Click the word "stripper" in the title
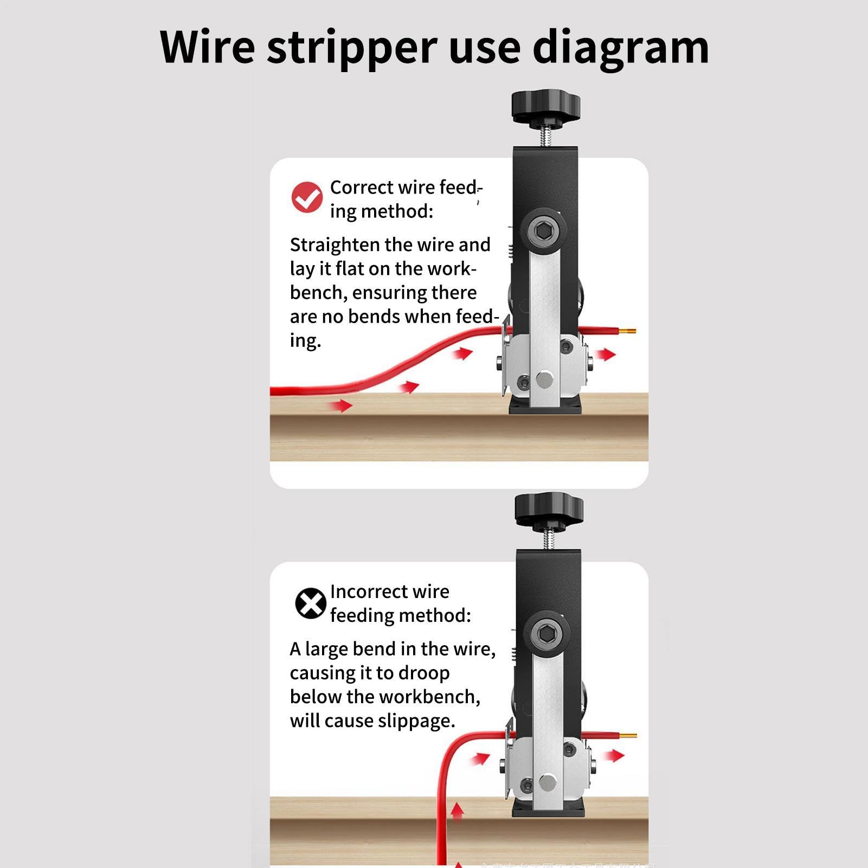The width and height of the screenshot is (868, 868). pos(352,48)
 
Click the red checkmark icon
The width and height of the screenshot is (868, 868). pos(307,197)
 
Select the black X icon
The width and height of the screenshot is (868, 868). pos(310,603)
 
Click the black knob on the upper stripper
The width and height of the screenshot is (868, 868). pos(545,107)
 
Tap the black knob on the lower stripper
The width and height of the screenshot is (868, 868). pos(549,510)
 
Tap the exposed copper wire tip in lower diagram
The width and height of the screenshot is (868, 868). pos(628,736)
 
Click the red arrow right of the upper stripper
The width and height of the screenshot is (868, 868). pos(606,355)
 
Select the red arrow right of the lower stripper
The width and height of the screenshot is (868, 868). pos(614,755)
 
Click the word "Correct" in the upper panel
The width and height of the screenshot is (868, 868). pos(361,188)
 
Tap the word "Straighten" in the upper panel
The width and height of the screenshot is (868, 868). pos(335,245)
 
